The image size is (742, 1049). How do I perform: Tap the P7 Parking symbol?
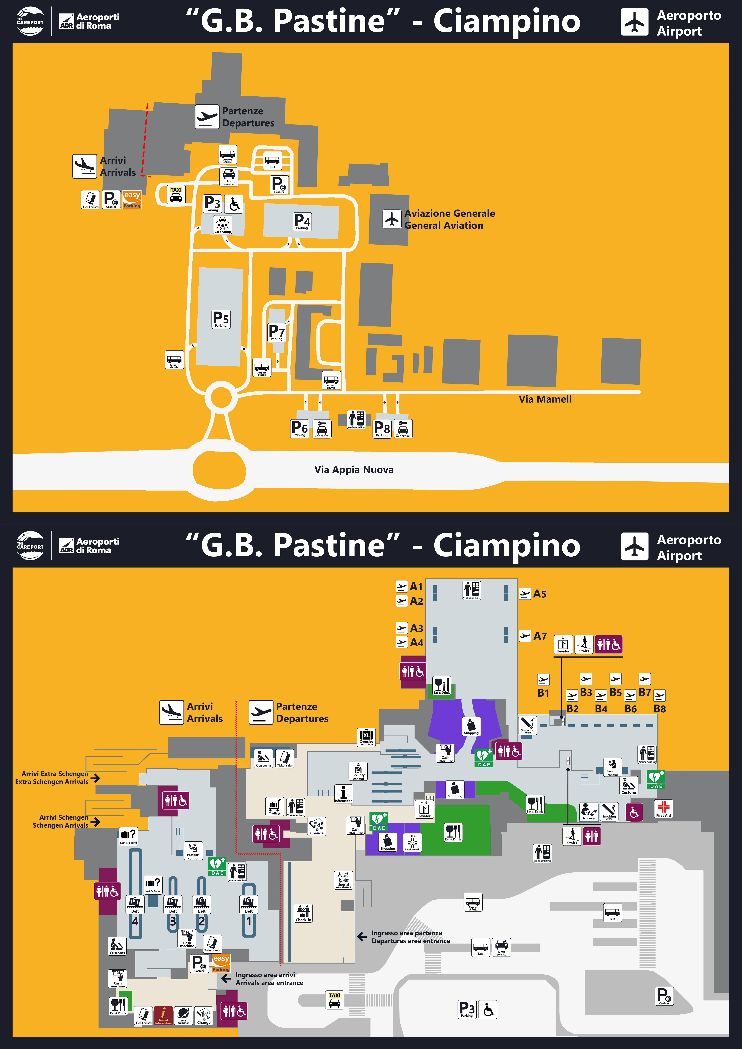pos(276,332)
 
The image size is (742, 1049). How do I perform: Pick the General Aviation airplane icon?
pos(392,219)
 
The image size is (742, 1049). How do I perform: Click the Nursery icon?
pos(588,811)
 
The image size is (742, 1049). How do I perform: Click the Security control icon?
pos(358,771)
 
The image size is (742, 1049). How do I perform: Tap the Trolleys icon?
pos(275,806)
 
